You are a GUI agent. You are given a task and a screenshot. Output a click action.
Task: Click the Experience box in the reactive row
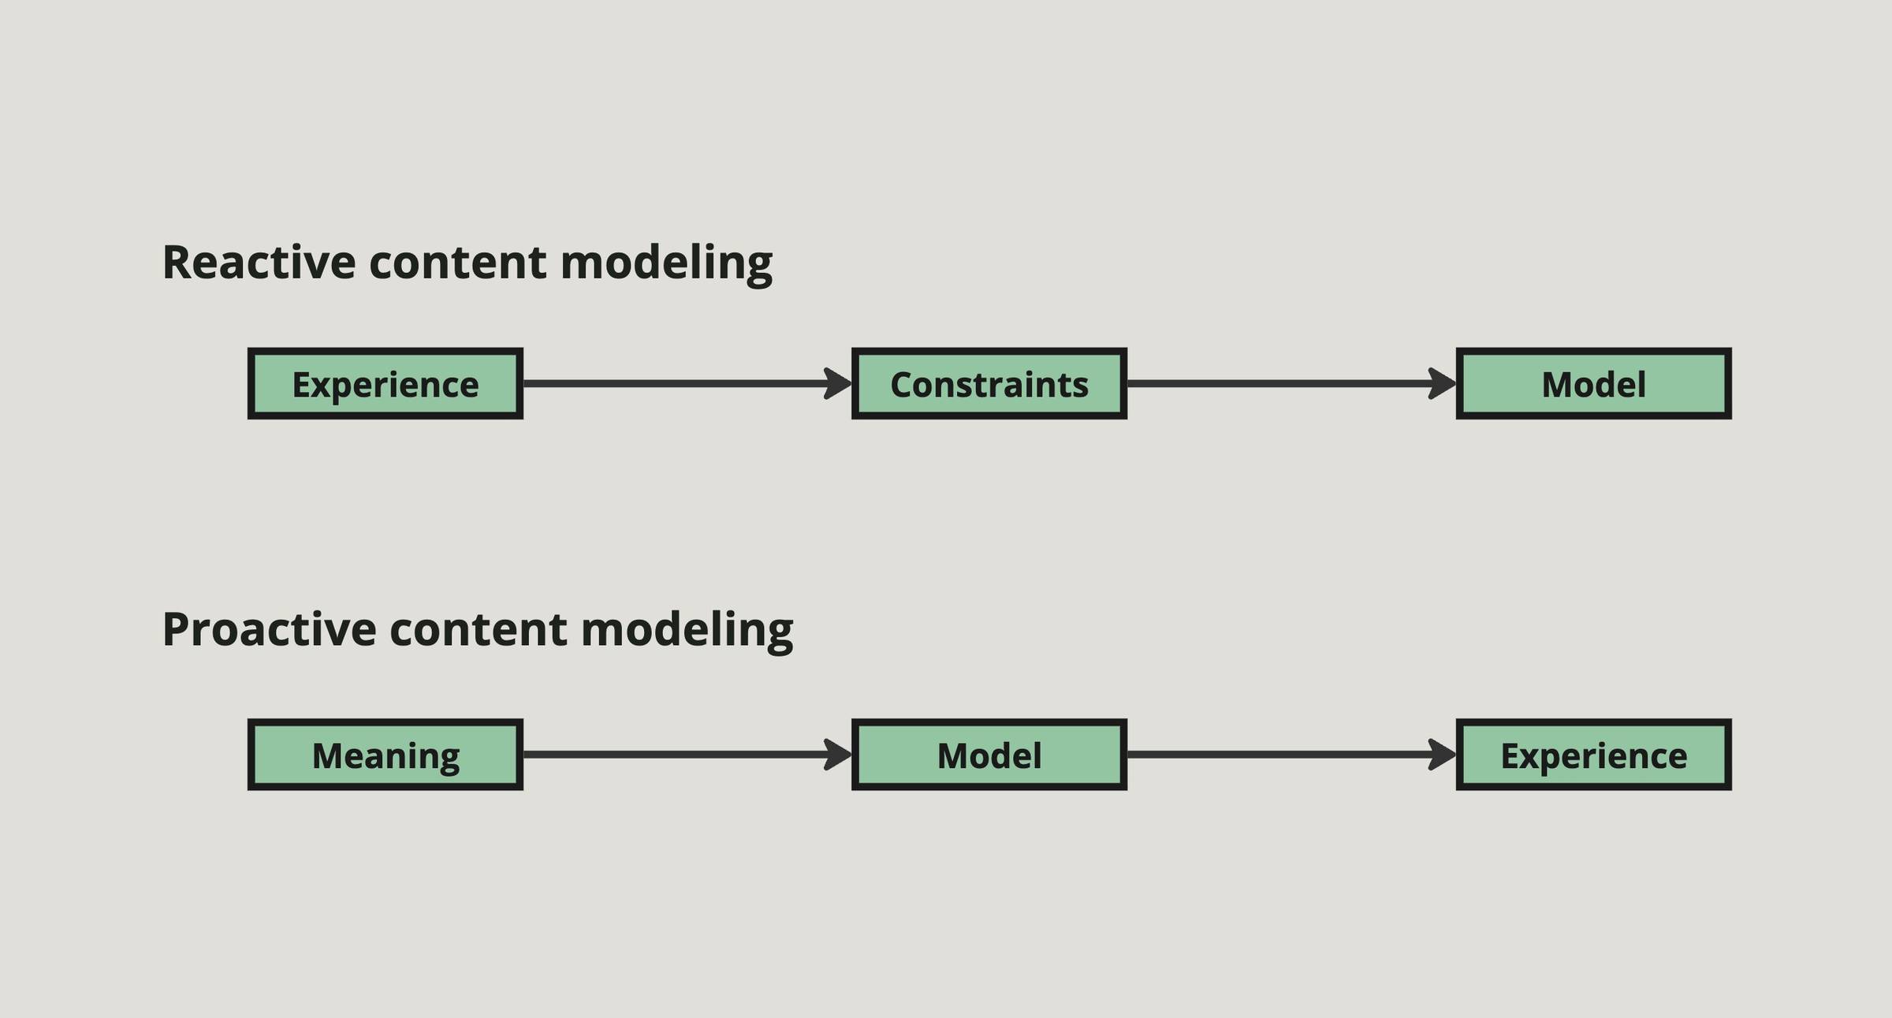click(385, 384)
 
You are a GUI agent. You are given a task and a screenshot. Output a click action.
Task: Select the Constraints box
click(989, 384)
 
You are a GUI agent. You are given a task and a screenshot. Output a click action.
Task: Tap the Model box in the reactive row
click(1593, 384)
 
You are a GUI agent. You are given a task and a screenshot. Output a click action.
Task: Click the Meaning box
click(385, 755)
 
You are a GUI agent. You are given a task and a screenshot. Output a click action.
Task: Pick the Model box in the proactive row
click(989, 755)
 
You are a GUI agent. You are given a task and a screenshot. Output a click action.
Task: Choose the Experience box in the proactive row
click(1593, 755)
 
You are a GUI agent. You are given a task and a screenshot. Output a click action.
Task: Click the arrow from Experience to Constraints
click(678, 384)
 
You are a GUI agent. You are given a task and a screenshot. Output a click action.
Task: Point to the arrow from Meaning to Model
click(678, 755)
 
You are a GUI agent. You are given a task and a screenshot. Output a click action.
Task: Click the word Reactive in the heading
click(259, 263)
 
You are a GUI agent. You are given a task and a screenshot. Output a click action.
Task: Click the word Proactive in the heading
click(269, 630)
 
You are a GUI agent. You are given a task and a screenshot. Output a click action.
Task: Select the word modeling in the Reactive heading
click(666, 263)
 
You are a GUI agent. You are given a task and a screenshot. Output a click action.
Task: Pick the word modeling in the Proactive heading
click(687, 630)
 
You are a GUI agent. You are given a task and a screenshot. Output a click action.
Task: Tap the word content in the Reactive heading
click(457, 263)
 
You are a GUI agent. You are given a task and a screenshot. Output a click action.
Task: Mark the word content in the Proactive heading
click(478, 630)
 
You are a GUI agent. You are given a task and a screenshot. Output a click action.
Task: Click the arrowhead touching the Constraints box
click(838, 384)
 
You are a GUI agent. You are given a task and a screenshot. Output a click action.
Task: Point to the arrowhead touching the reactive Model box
click(1442, 384)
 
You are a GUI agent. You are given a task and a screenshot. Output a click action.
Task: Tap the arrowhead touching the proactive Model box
click(838, 755)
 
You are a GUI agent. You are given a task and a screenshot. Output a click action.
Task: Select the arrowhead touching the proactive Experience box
click(1442, 755)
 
